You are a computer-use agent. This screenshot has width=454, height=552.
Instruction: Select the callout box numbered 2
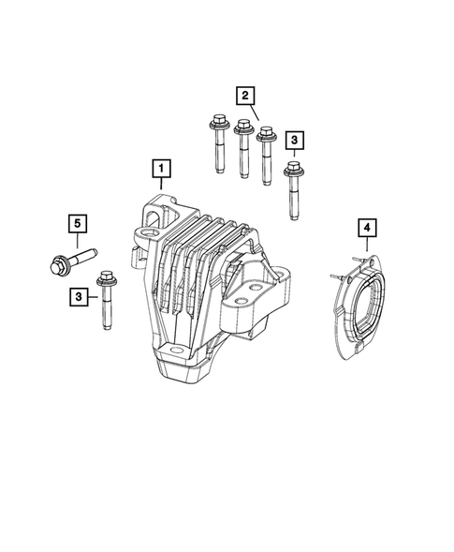(245, 95)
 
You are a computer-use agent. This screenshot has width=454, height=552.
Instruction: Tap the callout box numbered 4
(367, 228)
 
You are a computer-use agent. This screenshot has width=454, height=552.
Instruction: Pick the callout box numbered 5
(79, 223)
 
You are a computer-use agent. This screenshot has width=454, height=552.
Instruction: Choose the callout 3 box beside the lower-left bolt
(79, 297)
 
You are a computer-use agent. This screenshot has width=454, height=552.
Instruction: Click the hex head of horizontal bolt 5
(55, 263)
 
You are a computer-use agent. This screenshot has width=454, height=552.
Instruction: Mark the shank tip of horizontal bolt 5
(97, 251)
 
